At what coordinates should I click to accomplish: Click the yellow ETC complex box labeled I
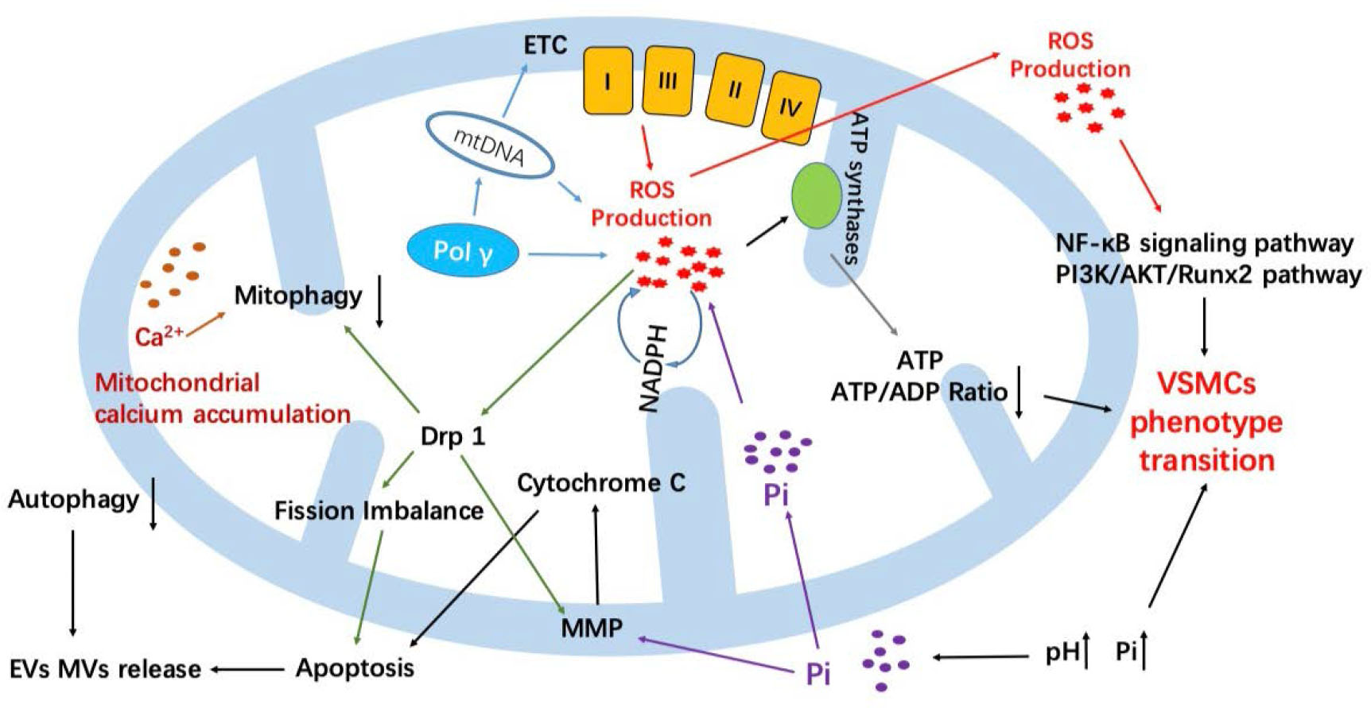(x=608, y=80)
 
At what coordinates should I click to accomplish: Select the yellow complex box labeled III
(x=668, y=80)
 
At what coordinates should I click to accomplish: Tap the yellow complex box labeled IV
(x=790, y=107)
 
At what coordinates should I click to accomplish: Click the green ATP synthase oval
(x=816, y=195)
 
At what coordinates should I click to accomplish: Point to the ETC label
(x=545, y=45)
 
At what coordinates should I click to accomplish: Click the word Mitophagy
(x=298, y=296)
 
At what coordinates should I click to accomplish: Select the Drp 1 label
(x=452, y=436)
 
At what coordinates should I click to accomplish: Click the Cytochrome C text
(x=600, y=482)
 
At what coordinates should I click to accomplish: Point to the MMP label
(x=592, y=628)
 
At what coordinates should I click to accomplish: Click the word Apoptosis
(x=355, y=667)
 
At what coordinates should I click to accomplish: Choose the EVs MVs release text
(x=105, y=669)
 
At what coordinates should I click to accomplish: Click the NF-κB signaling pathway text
(x=1204, y=242)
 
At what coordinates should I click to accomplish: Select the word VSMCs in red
(x=1206, y=384)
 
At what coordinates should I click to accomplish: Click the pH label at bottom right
(x=1062, y=652)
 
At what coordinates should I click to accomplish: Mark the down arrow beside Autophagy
(x=153, y=504)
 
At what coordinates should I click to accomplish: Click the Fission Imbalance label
(x=379, y=510)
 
